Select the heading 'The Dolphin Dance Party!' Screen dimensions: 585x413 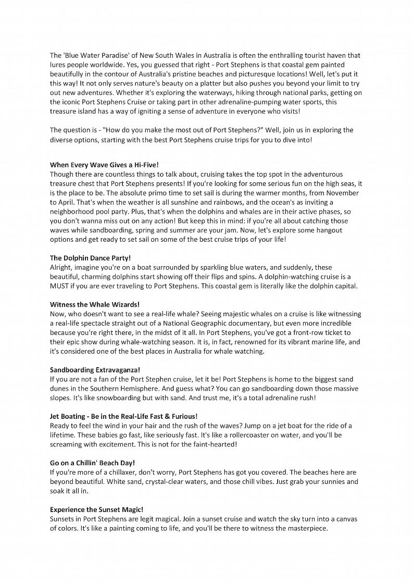[90, 257]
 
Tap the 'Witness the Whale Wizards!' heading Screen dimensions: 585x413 [95, 304]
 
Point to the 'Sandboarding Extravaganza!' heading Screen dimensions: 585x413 [95, 369]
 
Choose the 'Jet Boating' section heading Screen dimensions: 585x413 [123, 416]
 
